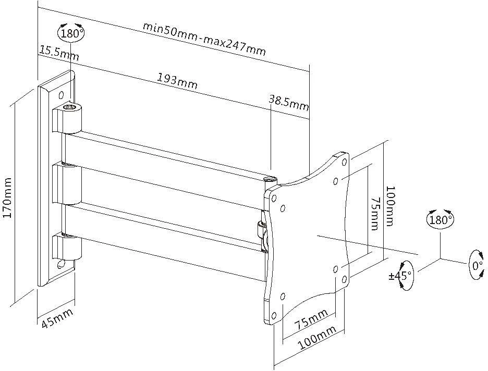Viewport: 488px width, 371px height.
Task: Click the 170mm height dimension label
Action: tap(7, 198)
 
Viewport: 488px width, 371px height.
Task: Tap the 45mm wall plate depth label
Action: tap(57, 318)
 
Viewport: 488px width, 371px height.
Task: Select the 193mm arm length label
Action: tap(177, 81)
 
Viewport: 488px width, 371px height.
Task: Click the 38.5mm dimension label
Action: tap(289, 103)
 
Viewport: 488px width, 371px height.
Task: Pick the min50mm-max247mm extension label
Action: tap(204, 39)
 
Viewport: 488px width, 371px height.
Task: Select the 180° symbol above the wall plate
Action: tap(71, 32)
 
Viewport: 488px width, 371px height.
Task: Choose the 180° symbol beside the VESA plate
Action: tap(440, 219)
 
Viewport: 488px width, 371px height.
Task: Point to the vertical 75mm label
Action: tap(375, 213)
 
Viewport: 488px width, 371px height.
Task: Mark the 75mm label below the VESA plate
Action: tap(311, 319)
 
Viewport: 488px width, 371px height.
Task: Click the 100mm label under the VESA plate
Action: tap(318, 338)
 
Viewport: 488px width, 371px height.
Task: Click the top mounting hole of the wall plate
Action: tap(62, 94)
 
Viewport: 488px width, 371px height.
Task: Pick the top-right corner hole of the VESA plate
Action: tap(344, 162)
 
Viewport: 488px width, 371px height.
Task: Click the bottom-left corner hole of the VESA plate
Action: tap(274, 316)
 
